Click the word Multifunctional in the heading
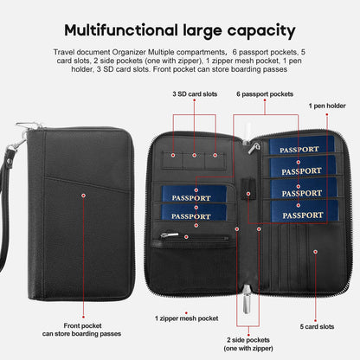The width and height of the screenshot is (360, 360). click(x=121, y=30)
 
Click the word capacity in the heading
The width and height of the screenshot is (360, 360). click(x=261, y=31)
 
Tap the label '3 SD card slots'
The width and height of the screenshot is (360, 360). click(x=195, y=94)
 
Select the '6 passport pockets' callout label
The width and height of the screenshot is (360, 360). click(x=265, y=94)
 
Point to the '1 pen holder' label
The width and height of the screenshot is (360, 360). click(x=327, y=106)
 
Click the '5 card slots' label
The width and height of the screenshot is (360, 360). click(x=317, y=326)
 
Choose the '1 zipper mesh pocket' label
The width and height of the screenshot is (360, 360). click(x=186, y=318)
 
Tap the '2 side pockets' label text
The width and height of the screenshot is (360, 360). click(x=248, y=340)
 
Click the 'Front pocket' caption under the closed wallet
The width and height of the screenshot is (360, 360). click(x=82, y=325)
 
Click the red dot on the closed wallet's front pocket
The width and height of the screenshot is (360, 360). click(x=83, y=196)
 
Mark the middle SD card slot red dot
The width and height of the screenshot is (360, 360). click(x=194, y=155)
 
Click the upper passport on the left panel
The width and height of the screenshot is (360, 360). click(x=194, y=194)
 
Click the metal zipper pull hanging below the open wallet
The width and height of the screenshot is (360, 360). click(x=246, y=299)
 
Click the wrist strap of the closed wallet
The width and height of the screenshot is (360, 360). click(x=5, y=208)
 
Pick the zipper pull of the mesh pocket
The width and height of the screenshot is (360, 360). click(x=169, y=235)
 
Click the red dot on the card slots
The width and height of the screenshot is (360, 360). click(x=316, y=252)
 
